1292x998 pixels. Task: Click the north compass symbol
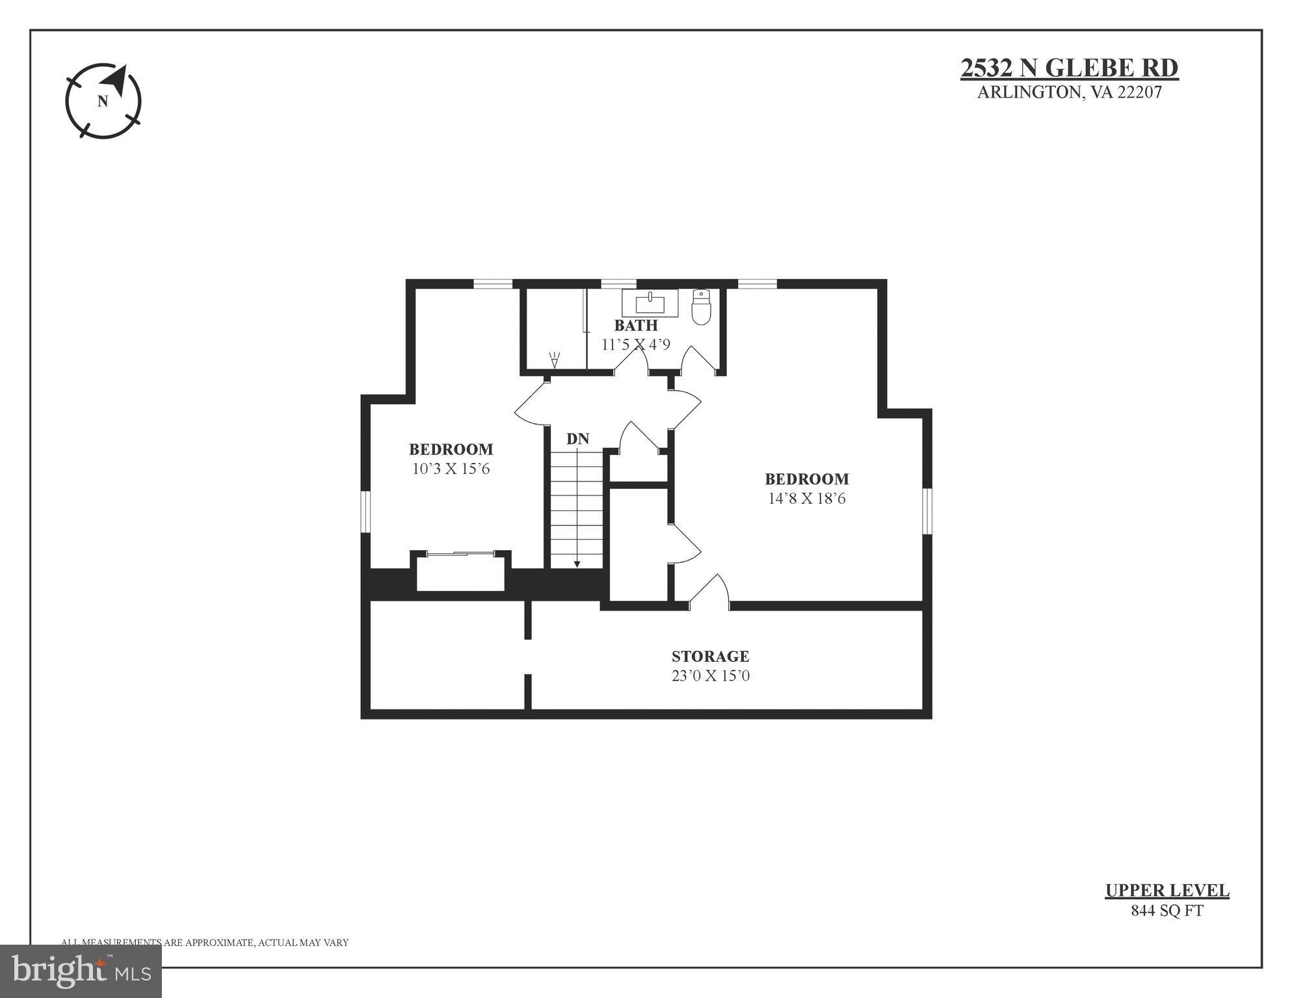tap(103, 101)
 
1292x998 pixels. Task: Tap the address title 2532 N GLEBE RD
tap(1069, 68)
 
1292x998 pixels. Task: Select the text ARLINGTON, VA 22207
tap(1069, 92)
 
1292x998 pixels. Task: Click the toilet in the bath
tap(701, 307)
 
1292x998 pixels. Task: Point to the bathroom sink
tap(650, 303)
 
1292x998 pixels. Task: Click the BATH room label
tap(635, 325)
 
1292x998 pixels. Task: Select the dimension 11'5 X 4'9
tap(635, 344)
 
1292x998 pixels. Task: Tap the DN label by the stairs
tap(577, 439)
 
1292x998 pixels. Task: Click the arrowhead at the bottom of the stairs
tap(577, 564)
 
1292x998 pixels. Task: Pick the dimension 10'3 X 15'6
tap(451, 469)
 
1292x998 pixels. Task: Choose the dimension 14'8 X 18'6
tap(806, 499)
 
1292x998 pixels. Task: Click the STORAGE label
tap(710, 656)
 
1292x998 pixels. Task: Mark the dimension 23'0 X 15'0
tap(710, 676)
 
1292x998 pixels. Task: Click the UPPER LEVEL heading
tap(1167, 891)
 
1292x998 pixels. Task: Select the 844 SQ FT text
tap(1167, 911)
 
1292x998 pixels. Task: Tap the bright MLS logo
tap(81, 971)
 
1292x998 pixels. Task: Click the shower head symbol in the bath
tap(554, 360)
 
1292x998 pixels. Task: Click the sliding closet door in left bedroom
tap(460, 553)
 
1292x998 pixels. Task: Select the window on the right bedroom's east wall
tap(928, 512)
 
